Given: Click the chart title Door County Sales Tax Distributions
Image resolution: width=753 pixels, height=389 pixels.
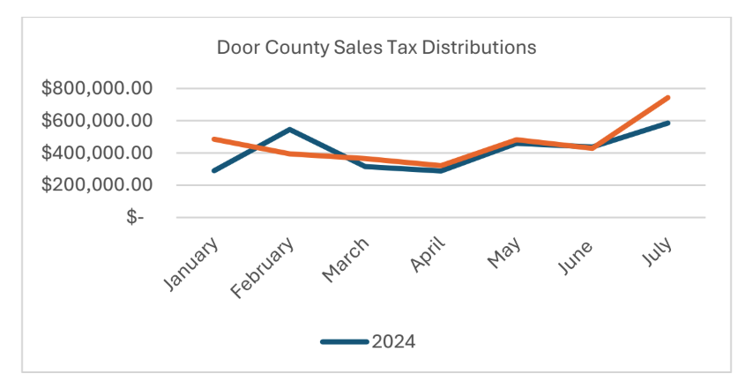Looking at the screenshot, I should tap(376, 48).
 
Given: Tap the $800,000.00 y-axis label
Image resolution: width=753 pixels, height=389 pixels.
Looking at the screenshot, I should tap(98, 88).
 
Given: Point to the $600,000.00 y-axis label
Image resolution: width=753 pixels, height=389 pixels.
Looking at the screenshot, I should tap(98, 121).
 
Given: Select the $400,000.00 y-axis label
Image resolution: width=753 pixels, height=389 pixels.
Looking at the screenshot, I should tap(98, 153).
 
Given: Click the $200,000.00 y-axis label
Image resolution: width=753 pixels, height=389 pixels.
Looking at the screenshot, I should tap(98, 185).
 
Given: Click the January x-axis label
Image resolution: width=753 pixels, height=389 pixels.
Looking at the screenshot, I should tap(192, 262).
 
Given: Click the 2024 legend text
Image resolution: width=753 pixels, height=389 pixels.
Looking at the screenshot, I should tap(393, 342).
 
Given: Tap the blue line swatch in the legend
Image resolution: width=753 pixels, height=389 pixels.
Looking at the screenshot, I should tap(344, 342).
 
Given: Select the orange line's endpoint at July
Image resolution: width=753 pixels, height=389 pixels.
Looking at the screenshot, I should tap(667, 97).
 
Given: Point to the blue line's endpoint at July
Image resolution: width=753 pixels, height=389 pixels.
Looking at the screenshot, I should tap(667, 123).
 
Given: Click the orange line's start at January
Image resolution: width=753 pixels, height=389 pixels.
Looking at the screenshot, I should tap(214, 139).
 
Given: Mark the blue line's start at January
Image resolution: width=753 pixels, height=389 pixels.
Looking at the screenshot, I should tap(214, 170).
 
